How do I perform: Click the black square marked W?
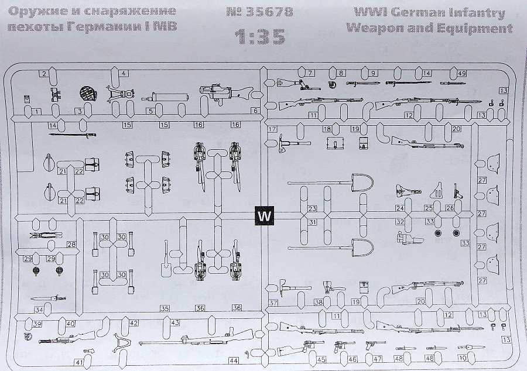[265, 216]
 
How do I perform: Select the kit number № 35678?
[263, 12]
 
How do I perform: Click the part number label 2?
[43, 74]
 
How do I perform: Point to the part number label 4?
[124, 74]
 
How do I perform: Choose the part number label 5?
[150, 111]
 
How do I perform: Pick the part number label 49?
[462, 74]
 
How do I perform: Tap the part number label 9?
[372, 74]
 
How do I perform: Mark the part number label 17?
[272, 129]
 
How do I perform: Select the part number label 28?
[71, 245]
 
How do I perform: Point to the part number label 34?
[39, 310]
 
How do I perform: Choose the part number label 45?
[321, 359]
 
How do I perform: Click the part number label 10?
[462, 358]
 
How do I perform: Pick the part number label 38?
[319, 303]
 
